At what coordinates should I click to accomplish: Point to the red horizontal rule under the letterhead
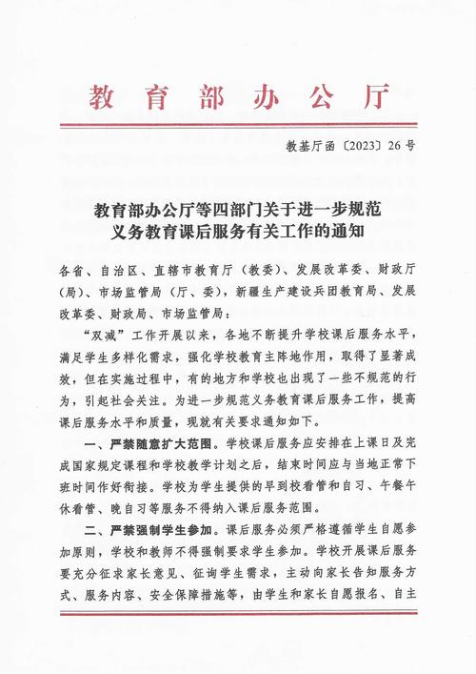(x=238, y=125)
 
